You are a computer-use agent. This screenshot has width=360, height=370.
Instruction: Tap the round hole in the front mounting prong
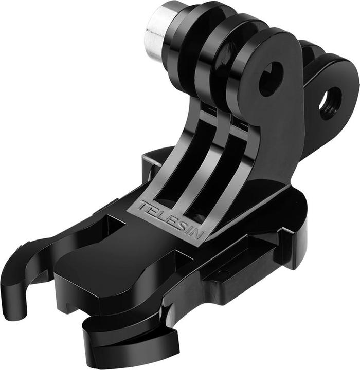point(271,79)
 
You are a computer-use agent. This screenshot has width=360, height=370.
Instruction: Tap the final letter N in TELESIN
point(197,234)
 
